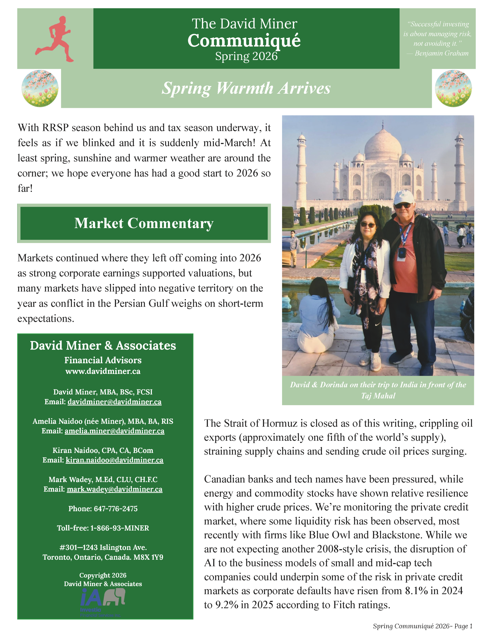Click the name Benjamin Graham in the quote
pyautogui.click(x=441, y=53)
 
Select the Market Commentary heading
pyautogui.click(x=144, y=223)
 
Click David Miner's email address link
pyautogui.click(x=114, y=401)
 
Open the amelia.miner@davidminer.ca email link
pyautogui.click(x=114, y=431)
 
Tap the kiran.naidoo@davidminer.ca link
pyautogui.click(x=114, y=460)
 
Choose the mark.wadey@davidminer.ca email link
pyautogui.click(x=114, y=489)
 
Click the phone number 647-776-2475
pyautogui.click(x=116, y=509)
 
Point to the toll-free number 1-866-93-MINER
pyautogui.click(x=119, y=528)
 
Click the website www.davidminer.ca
pyautogui.click(x=103, y=371)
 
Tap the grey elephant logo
pyautogui.click(x=114, y=597)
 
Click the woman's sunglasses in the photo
pyautogui.click(x=368, y=225)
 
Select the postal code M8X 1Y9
pyautogui.click(x=149, y=557)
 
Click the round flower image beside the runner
pyautogui.click(x=40, y=88)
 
